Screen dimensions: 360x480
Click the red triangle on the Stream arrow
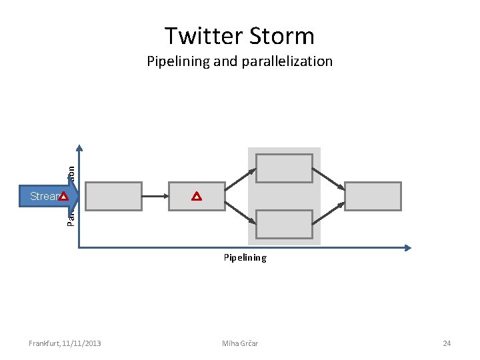coord(63,197)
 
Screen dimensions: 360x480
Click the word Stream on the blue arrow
coord(44,196)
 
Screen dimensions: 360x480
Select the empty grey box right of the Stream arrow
coord(113,196)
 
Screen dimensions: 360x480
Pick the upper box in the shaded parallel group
coord(284,168)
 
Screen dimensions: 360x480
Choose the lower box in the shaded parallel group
coord(284,224)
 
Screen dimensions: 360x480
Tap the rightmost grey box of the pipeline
coord(373,196)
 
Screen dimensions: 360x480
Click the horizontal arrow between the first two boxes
coord(155,196)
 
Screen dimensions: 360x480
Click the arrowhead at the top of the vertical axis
coord(79,149)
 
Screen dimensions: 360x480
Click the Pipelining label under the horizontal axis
coord(245,257)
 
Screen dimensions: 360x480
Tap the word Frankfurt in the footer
coord(43,343)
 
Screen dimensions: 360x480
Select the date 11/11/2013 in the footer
coord(81,343)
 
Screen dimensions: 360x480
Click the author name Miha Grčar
coord(240,343)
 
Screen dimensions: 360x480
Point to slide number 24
coord(447,343)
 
